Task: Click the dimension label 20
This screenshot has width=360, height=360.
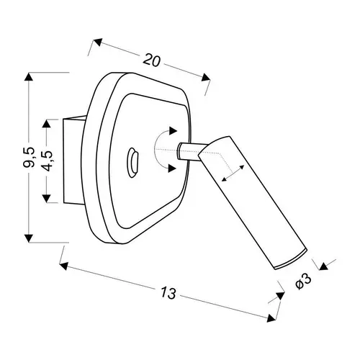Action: tap(151, 60)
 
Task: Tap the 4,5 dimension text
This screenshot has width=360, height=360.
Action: tap(46, 161)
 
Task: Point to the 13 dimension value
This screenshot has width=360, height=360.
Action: tap(168, 292)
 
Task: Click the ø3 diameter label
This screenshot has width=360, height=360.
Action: tap(303, 282)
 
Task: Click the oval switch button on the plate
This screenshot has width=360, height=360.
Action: tap(132, 163)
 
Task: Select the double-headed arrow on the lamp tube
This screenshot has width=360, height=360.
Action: tap(233, 174)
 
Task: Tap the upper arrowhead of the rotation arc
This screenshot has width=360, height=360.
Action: tap(173, 131)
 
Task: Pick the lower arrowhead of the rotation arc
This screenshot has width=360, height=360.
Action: tap(172, 168)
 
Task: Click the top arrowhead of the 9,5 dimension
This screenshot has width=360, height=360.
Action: tap(29, 77)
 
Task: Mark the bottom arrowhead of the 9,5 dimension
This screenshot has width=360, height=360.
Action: tap(29, 238)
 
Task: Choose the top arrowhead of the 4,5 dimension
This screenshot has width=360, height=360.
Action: tap(46, 124)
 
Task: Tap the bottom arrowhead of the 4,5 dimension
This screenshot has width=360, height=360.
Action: tap(46, 198)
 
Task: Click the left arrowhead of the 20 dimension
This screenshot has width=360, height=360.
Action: tap(98, 42)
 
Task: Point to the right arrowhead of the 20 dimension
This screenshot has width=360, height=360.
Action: tap(206, 77)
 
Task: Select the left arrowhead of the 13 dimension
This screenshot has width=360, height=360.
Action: tap(64, 266)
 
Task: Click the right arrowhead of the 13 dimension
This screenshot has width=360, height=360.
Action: tap(271, 318)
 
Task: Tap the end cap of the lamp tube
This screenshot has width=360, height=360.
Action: tap(291, 260)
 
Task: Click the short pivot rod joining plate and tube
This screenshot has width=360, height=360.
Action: tap(192, 151)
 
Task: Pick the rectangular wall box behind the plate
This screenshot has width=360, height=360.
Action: tap(74, 161)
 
